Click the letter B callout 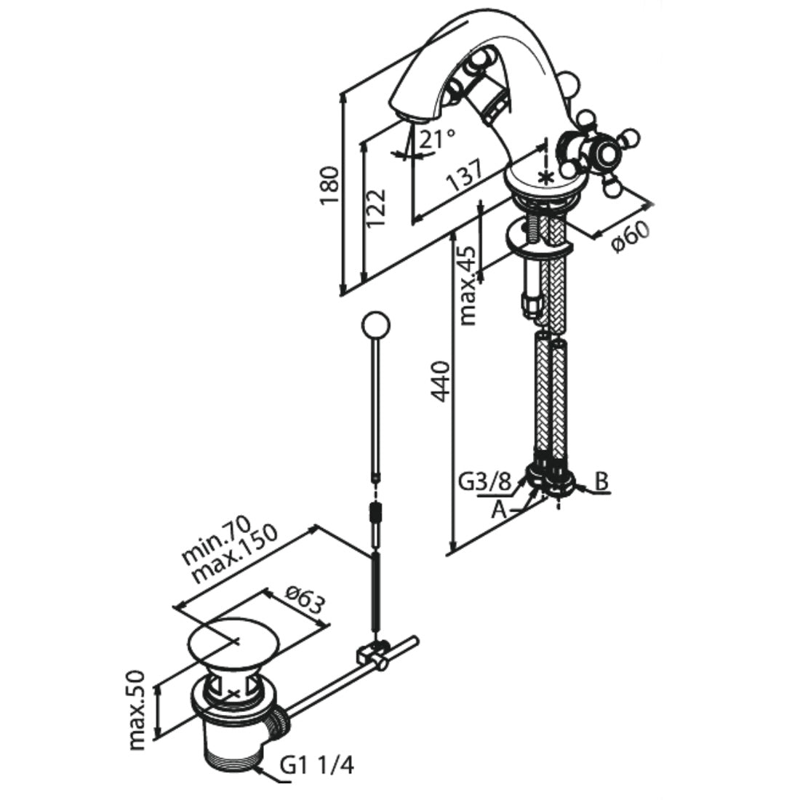pyautogui.click(x=601, y=481)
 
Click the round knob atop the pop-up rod pyautogui.click(x=376, y=325)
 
